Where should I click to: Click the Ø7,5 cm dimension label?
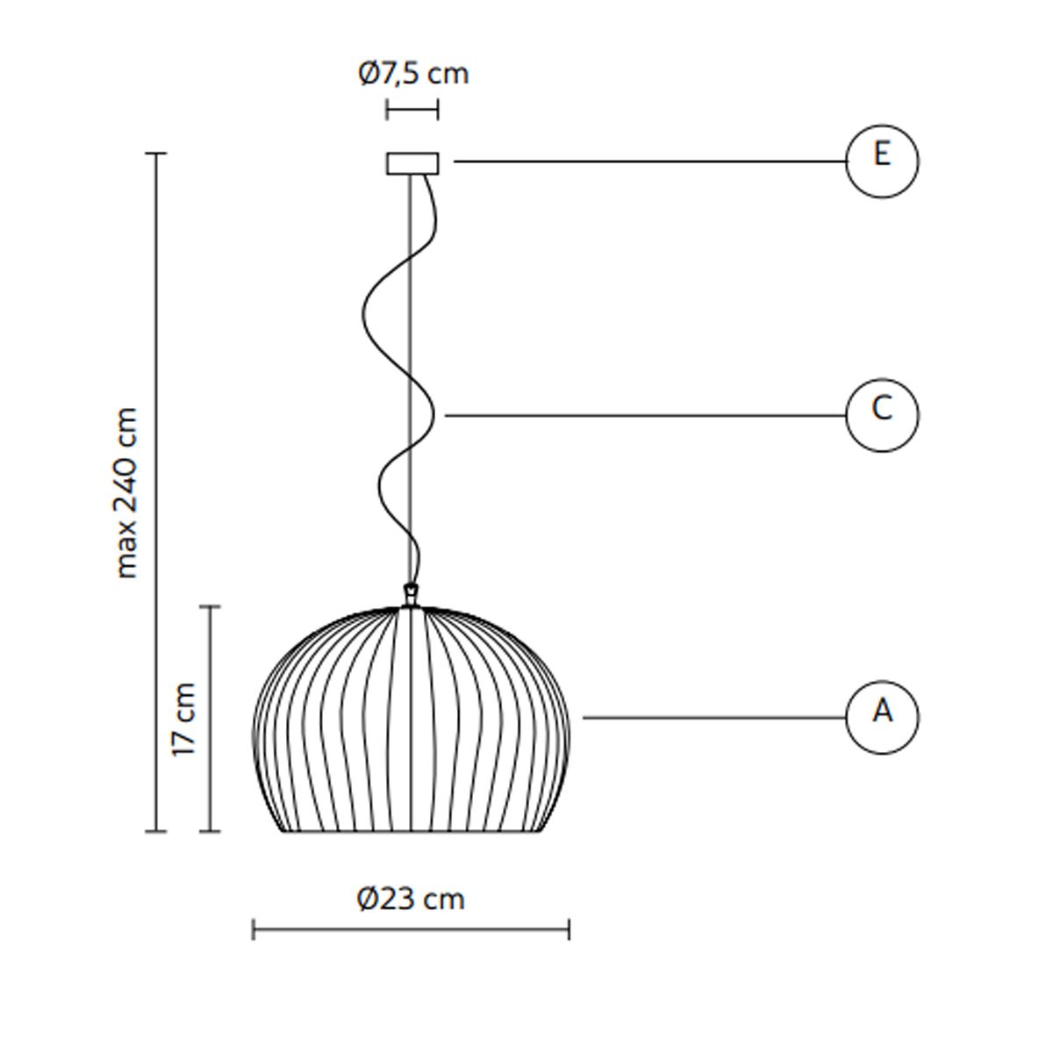click(x=413, y=73)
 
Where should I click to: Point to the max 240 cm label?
click(x=126, y=492)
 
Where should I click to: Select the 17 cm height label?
click(x=183, y=720)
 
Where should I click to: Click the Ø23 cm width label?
click(x=411, y=899)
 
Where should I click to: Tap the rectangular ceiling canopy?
click(x=412, y=163)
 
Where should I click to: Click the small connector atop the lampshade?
click(x=411, y=595)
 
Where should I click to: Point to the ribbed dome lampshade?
click(x=411, y=720)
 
